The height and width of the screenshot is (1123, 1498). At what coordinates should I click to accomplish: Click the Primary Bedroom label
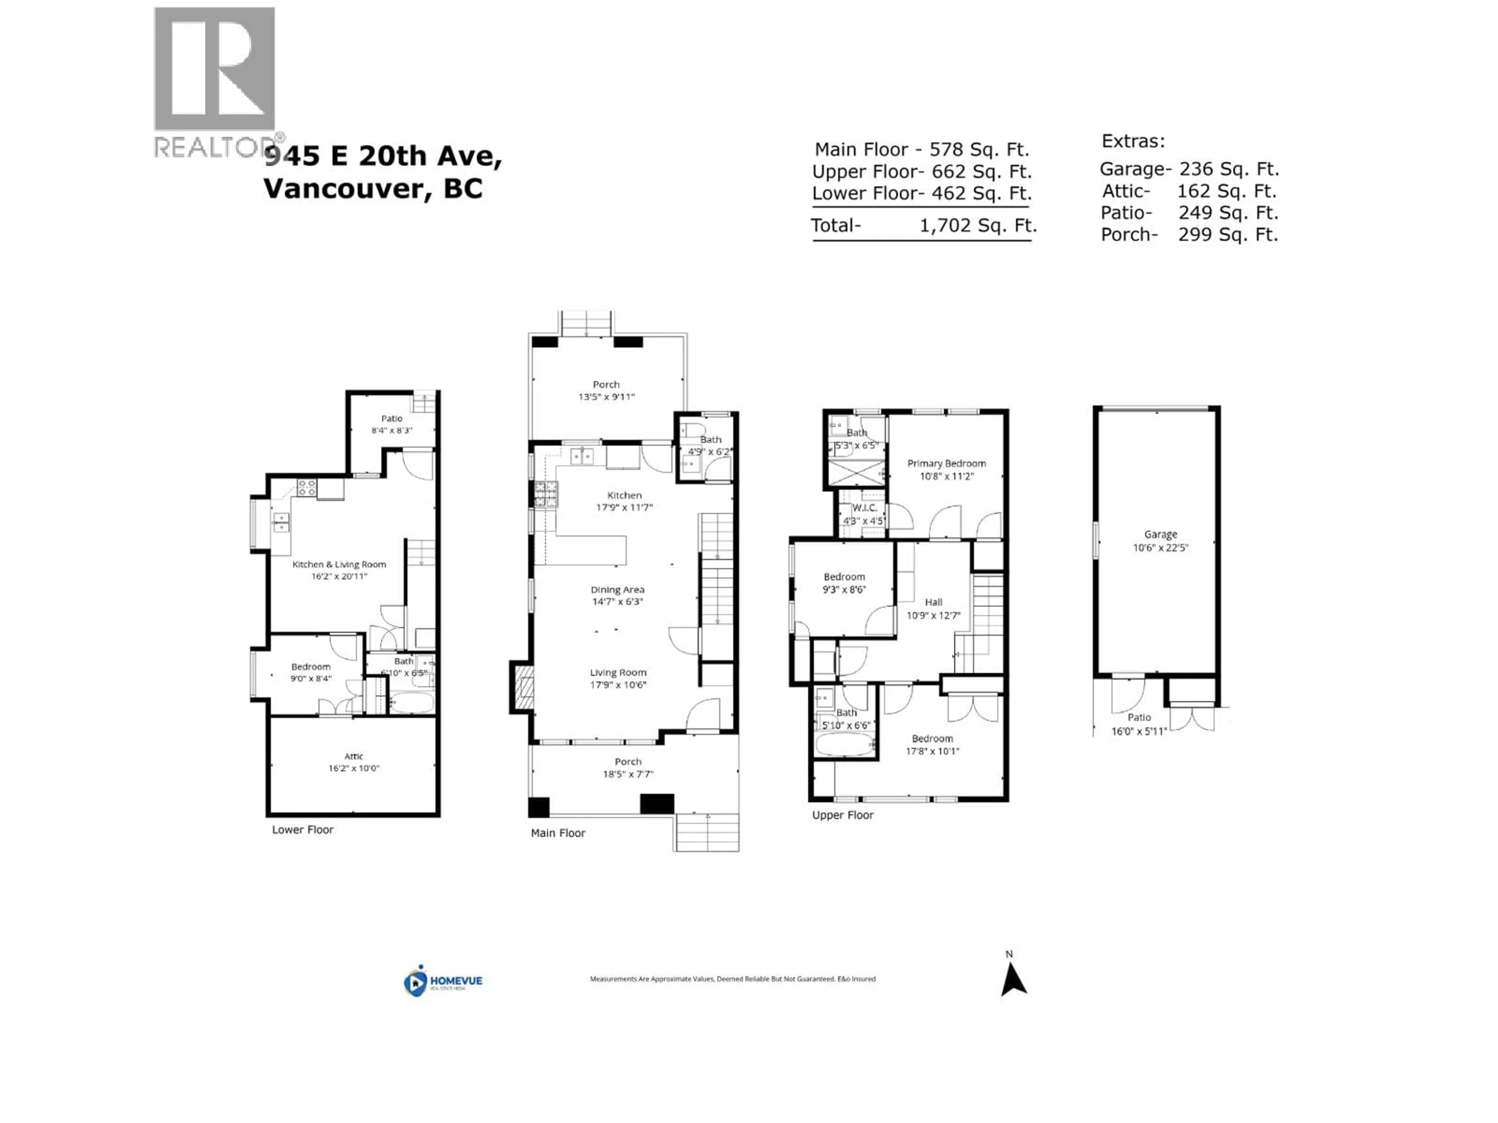[x=946, y=464]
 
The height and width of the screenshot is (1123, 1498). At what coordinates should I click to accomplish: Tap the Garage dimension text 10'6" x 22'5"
[x=1160, y=547]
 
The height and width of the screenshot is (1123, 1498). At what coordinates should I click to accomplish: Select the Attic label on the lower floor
[x=353, y=756]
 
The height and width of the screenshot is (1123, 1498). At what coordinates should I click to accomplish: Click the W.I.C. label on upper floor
[x=864, y=508]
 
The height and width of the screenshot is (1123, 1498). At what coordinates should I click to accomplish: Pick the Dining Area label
[x=617, y=590]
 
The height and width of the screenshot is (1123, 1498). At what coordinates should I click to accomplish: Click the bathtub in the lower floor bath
[x=411, y=702]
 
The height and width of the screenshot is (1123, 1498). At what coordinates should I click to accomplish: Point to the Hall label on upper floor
[x=933, y=602]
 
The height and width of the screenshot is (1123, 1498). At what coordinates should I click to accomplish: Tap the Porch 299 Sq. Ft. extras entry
[x=1189, y=235]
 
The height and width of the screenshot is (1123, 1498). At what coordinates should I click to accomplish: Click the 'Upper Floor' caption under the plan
[x=843, y=815]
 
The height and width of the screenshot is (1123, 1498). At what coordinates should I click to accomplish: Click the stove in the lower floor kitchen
[x=306, y=487]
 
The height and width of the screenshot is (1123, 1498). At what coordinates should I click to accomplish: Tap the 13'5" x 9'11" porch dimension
[x=606, y=397]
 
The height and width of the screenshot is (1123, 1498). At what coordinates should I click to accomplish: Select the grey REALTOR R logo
[x=214, y=69]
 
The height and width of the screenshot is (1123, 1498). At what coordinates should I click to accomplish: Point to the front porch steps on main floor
[x=707, y=832]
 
